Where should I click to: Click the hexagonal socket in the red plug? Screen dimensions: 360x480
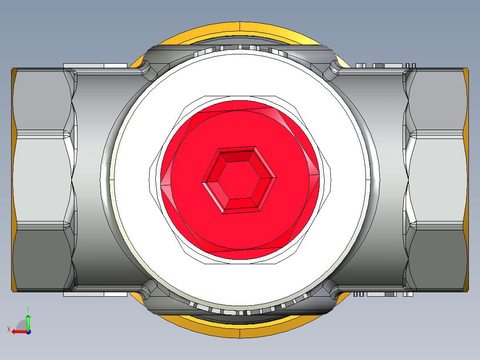239,180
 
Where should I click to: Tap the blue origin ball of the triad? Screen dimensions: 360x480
28,331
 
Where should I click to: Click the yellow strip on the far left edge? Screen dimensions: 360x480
14,180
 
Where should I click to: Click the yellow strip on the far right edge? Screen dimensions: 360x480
465,180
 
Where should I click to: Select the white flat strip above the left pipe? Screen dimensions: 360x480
96,66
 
